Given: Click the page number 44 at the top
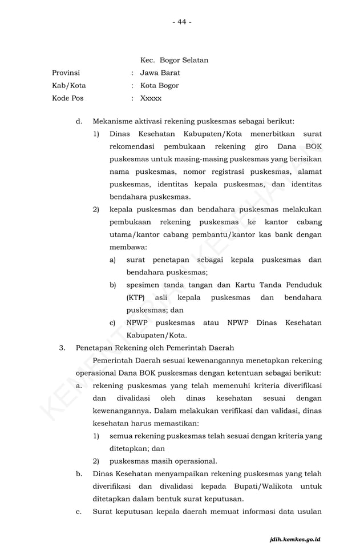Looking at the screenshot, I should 181,22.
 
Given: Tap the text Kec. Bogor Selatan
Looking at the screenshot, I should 174,60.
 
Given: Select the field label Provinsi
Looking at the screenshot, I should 66,73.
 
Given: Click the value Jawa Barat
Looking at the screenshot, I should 160,73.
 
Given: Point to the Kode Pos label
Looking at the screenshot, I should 67,98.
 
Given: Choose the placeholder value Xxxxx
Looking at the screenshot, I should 151,98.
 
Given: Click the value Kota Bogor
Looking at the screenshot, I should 159,85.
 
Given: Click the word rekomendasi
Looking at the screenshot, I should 132,146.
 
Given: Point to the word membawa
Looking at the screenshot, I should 128,247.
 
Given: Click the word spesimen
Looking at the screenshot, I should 143,285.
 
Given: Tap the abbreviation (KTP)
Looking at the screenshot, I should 136,297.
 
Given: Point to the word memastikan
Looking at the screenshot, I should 185,423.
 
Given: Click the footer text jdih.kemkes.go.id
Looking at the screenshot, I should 296,539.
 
